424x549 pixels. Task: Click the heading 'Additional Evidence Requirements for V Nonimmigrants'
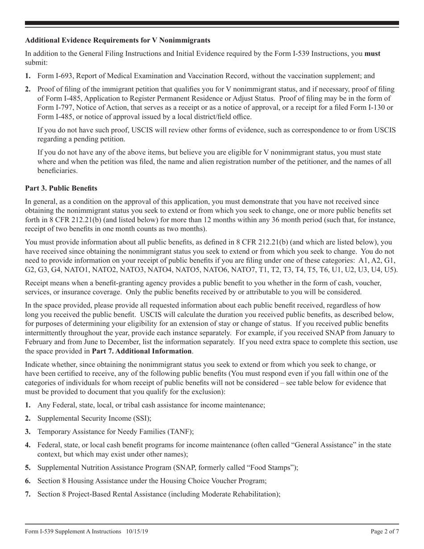pyautogui.click(x=112, y=40)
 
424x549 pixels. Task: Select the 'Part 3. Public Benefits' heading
pyautogui.click(x=61, y=188)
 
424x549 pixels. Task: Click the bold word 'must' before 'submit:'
pyautogui.click(x=373, y=54)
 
